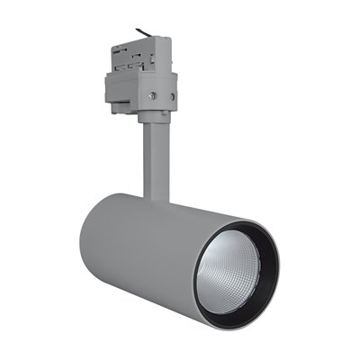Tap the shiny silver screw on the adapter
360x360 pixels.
point(152,95)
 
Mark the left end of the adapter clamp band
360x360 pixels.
point(110,86)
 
